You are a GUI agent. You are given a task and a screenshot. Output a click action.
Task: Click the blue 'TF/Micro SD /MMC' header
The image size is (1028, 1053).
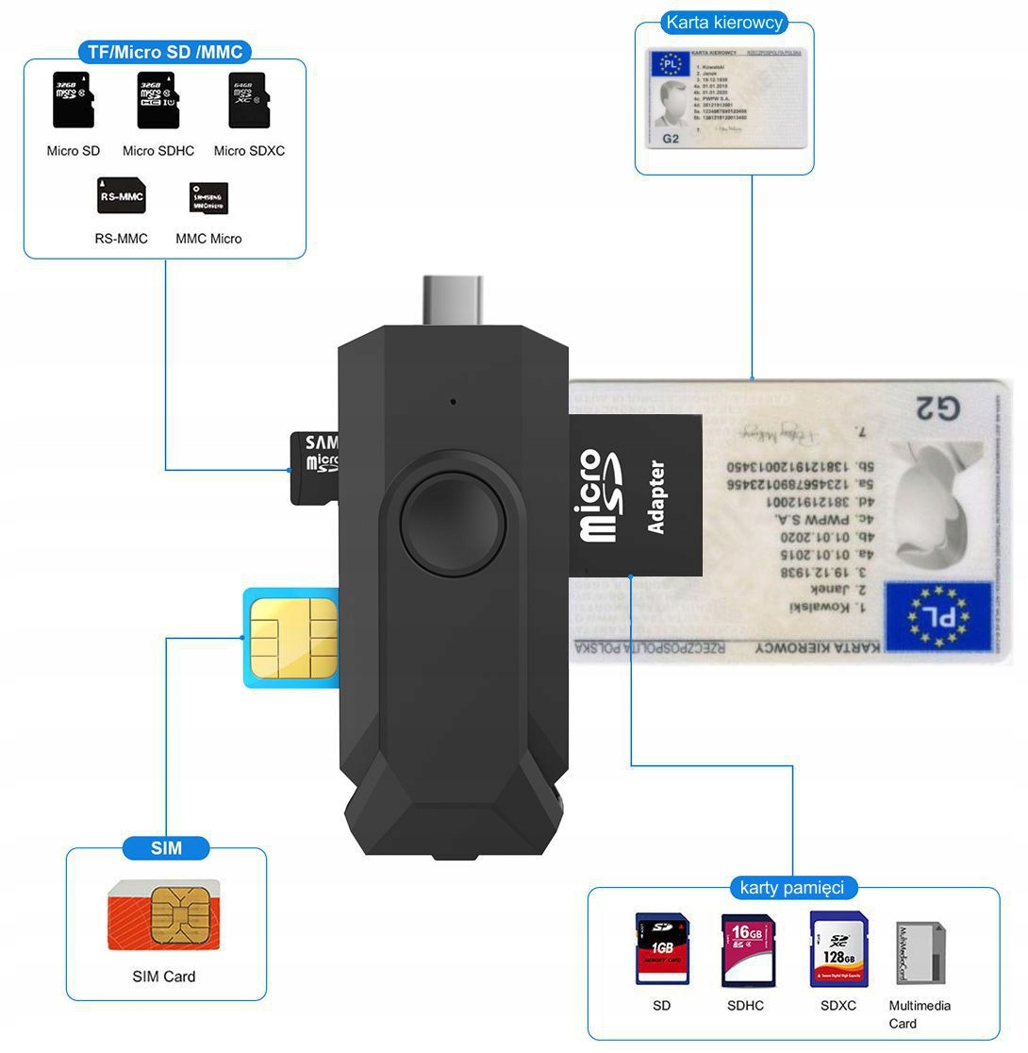[x=164, y=52]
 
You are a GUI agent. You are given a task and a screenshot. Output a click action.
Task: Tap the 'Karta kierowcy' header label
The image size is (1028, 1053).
[x=724, y=23]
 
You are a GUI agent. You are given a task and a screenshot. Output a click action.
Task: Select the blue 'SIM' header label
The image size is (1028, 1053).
[x=166, y=847]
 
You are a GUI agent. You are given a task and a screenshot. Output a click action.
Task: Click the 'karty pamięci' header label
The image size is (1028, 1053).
[x=785, y=887]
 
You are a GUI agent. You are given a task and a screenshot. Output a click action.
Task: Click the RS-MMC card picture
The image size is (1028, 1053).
[x=121, y=195]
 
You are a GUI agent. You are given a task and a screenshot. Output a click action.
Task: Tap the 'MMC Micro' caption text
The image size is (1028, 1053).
[x=208, y=239]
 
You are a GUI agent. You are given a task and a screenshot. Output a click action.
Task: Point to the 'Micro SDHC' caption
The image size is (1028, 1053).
[x=158, y=151]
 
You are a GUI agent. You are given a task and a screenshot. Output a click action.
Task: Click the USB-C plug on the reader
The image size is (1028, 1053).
[x=453, y=300]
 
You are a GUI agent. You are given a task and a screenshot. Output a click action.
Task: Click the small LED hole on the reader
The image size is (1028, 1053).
[x=454, y=402]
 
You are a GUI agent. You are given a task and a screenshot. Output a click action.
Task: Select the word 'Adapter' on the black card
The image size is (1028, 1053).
[x=656, y=497]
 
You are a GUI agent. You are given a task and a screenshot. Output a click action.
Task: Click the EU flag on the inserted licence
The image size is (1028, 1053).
[x=937, y=616]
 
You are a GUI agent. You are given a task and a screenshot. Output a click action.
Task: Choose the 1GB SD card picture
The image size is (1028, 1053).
[x=662, y=948]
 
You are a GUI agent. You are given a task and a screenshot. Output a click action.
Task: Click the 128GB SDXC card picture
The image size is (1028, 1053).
[x=838, y=948]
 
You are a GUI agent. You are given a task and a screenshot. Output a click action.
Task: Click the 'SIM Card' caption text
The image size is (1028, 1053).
[x=164, y=977]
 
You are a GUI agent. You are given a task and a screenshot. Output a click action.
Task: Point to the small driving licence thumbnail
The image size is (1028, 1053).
[x=725, y=98]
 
